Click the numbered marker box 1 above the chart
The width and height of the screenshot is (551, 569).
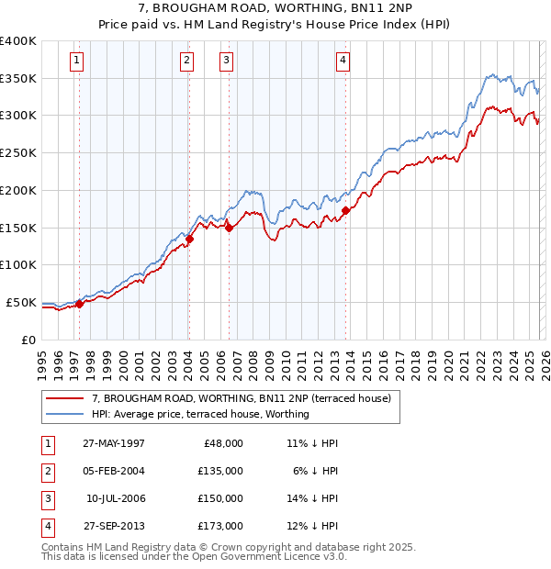point(76,61)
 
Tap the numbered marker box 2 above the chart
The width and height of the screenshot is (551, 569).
point(186,61)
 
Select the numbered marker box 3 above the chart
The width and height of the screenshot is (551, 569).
point(226,61)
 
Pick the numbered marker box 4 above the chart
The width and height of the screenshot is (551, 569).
point(343,61)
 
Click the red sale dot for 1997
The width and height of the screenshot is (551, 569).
point(80,304)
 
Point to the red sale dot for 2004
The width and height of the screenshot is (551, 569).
point(188,239)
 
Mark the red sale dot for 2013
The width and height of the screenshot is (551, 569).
point(345,210)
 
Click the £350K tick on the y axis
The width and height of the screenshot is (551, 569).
point(18,79)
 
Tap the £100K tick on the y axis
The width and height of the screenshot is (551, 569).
point(18,265)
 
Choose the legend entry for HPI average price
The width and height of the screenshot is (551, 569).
point(200,414)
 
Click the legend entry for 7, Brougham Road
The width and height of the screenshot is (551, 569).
point(242,398)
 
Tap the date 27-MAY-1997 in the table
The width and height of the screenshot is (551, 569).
point(114,443)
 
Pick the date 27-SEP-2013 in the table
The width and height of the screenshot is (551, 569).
point(114,526)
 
